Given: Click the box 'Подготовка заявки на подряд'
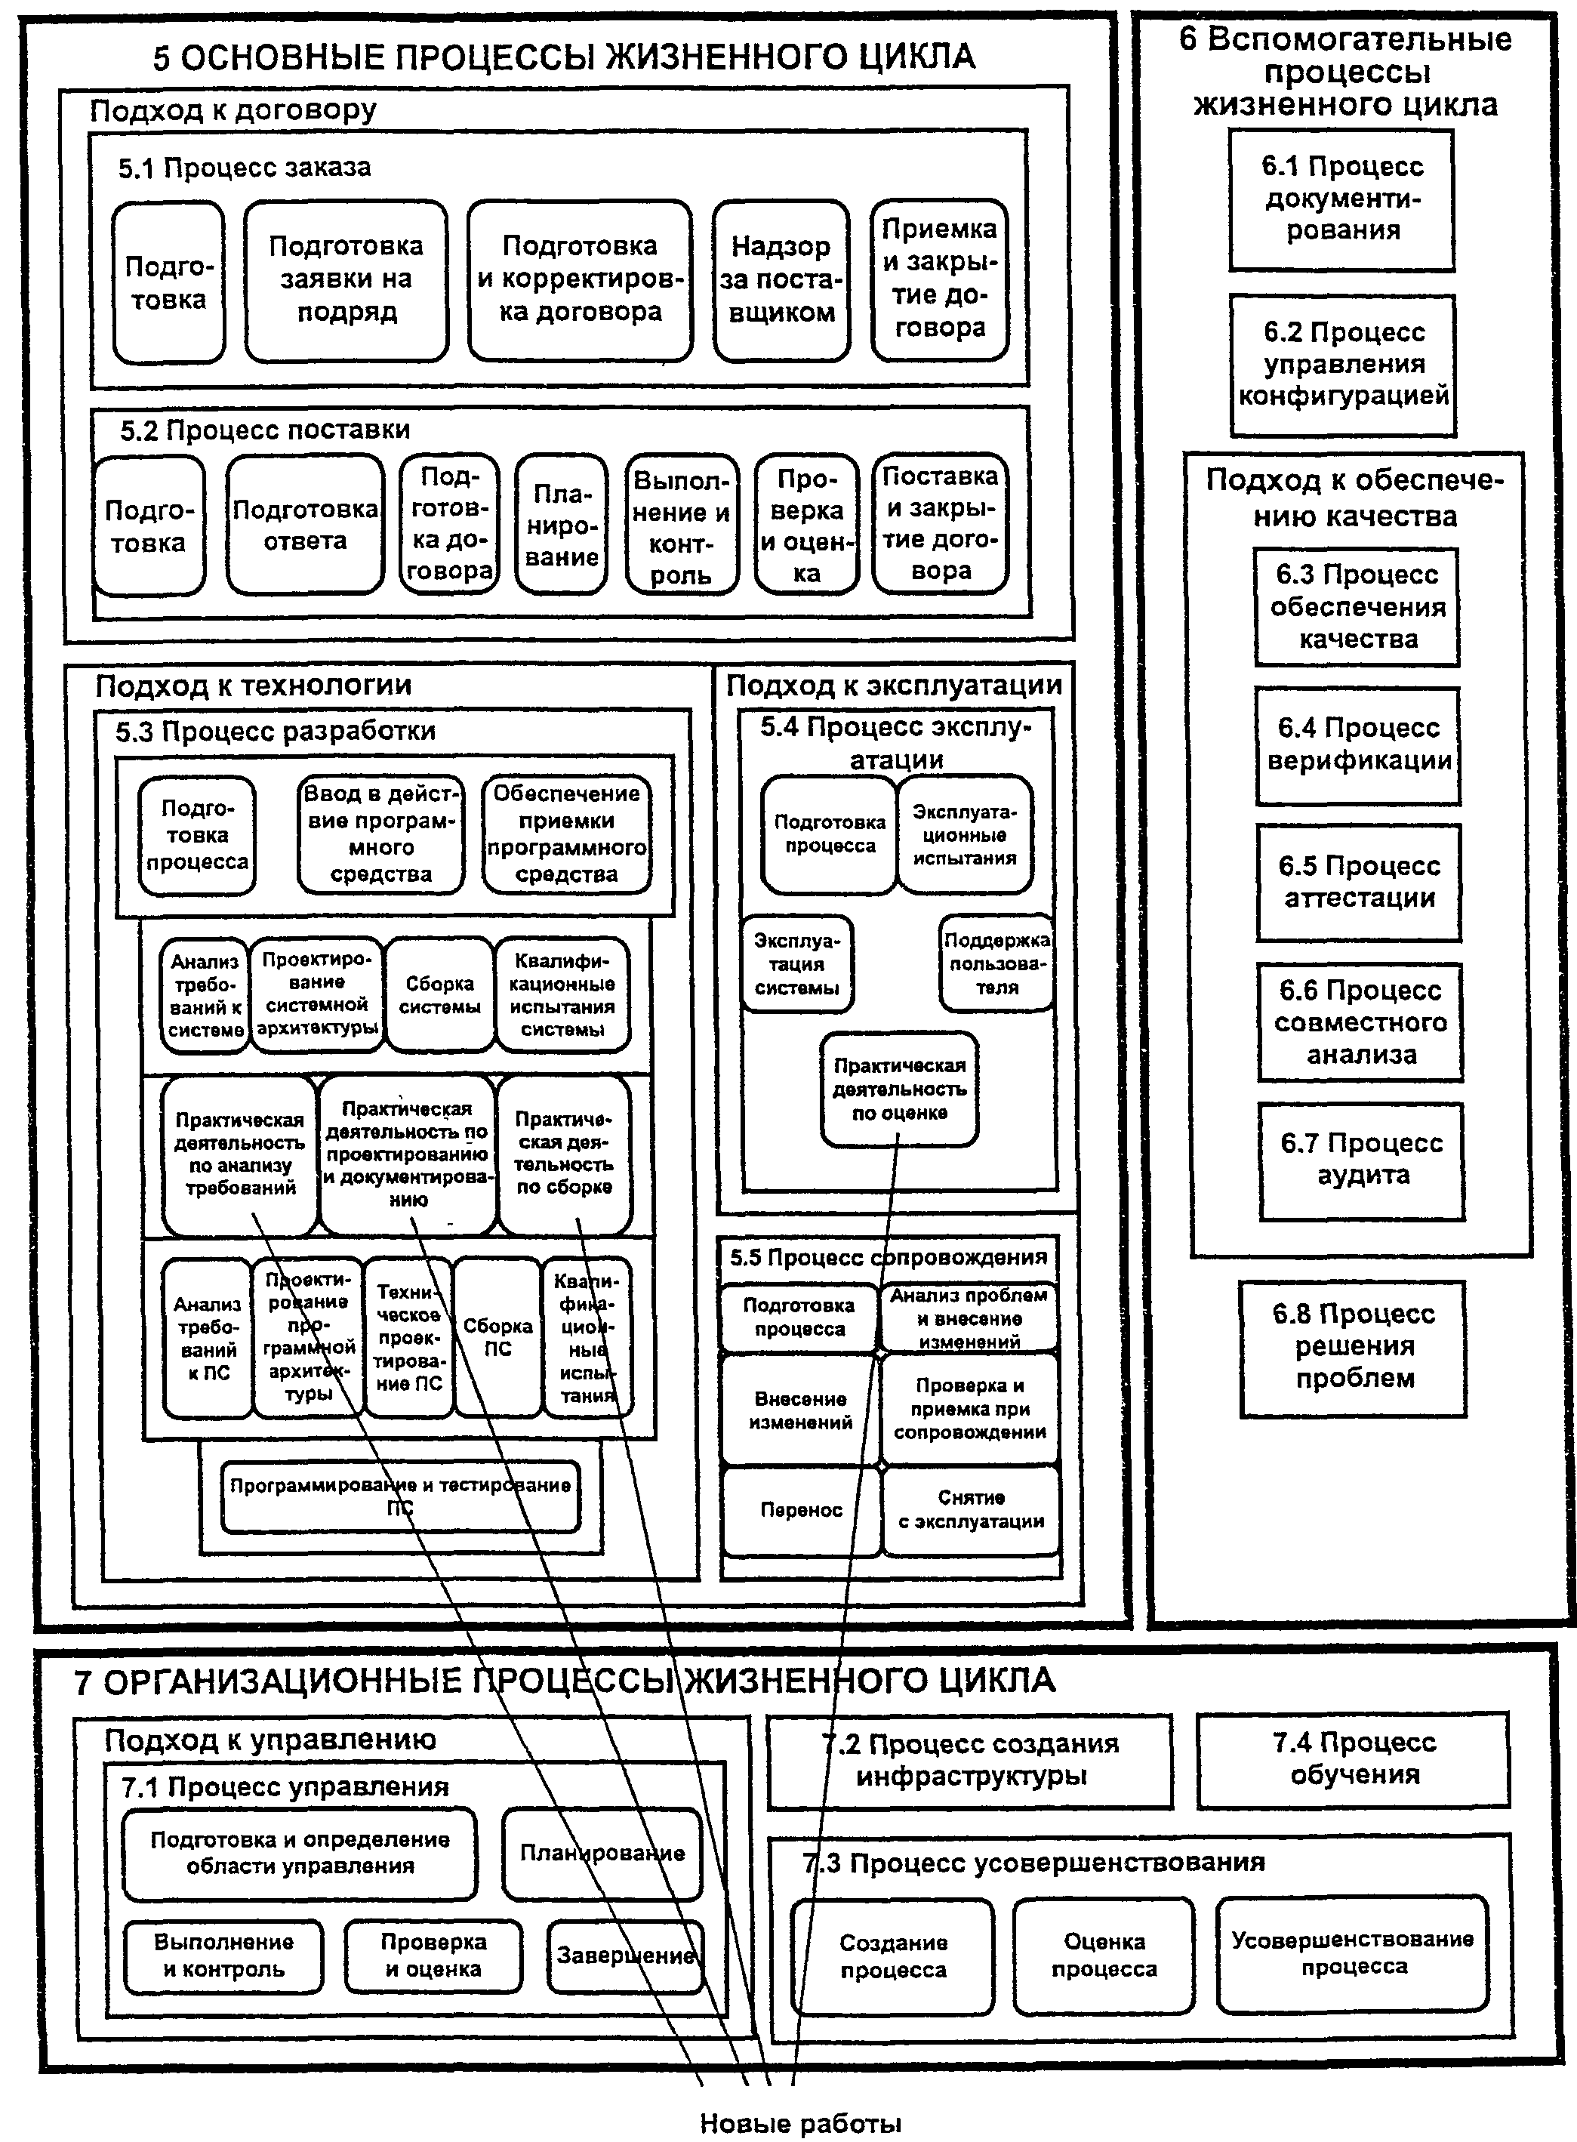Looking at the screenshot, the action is [346, 279].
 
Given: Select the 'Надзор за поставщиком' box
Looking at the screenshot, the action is [781, 279].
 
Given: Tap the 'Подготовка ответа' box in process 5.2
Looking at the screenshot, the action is [306, 524].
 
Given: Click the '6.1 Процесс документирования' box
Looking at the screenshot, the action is [1342, 199].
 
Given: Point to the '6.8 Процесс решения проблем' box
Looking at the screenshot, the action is [1354, 1347].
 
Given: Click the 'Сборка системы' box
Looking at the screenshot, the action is [439, 994].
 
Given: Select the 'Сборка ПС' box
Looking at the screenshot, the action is [497, 1336].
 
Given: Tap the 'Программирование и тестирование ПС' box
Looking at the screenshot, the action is [401, 1496].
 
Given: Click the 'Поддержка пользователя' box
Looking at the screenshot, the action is [996, 963].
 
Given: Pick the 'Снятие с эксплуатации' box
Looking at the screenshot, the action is [971, 1510].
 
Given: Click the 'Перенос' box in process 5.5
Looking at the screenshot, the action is [801, 1510].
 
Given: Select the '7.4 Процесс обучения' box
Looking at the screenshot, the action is [1354, 1759].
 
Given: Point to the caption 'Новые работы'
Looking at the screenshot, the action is [801, 2123].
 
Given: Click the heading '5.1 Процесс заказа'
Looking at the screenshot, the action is [245, 168].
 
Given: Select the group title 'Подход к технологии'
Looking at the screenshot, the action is [253, 684].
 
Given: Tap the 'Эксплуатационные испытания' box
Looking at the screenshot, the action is [965, 834].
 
